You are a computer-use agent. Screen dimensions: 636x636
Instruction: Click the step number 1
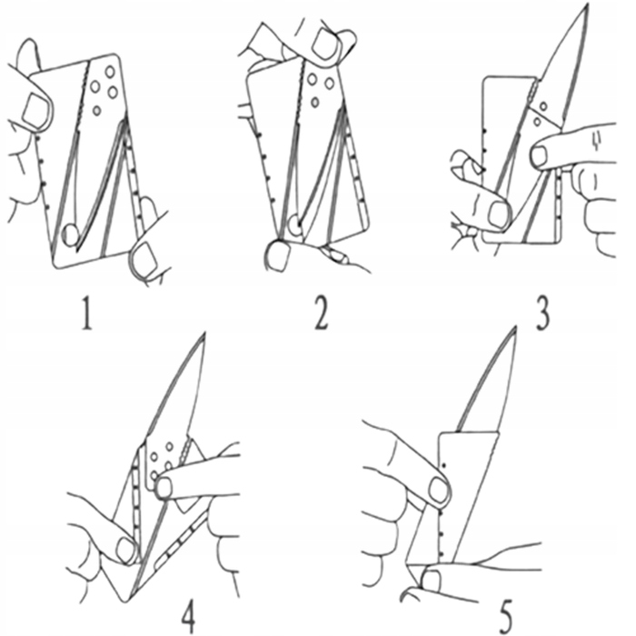pos(87,313)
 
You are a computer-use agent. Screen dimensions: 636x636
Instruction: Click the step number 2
pos(321,313)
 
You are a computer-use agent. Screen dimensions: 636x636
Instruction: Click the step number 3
pos(542,313)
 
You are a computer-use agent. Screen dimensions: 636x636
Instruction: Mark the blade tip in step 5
pos(516,327)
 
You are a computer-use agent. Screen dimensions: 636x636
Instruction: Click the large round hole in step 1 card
pos(71,234)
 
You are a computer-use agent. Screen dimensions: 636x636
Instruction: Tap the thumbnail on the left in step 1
pos(34,110)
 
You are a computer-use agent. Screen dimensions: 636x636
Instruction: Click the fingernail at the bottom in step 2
pos(279,256)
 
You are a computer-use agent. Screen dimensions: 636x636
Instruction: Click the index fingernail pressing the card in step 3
pos(539,157)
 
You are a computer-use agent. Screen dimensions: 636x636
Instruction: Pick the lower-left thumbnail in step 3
pos(499,214)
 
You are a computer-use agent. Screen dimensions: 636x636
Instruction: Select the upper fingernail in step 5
pos(438,490)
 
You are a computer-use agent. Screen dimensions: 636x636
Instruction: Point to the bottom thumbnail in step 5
pos(432,581)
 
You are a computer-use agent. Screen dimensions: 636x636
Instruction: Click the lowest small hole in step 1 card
pos(96,110)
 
